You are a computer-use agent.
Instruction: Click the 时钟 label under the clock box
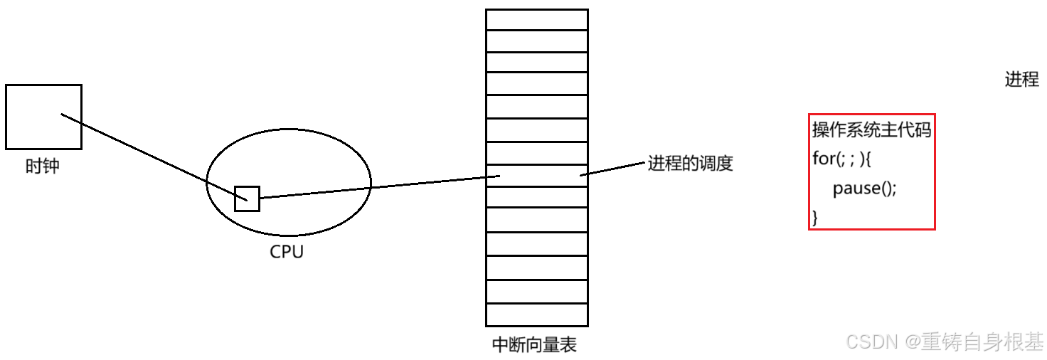click(43, 166)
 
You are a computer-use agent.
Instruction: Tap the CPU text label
click(287, 252)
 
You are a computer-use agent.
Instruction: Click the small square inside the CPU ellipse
click(247, 198)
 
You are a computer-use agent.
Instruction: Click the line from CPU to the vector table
click(377, 186)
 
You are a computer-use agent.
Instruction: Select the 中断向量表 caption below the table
click(534, 345)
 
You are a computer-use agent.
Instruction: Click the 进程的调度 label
click(689, 164)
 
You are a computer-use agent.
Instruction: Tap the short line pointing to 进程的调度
click(612, 168)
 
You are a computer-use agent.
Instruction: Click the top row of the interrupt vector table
click(536, 19)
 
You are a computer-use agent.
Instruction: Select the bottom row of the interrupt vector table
click(536, 314)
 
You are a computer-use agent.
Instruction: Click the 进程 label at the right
click(1021, 80)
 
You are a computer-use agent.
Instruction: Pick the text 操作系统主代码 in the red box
click(871, 129)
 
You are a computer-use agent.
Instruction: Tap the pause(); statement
click(865, 189)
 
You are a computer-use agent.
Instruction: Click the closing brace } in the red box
click(816, 218)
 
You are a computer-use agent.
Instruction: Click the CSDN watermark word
click(869, 342)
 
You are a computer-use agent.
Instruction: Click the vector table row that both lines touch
click(536, 176)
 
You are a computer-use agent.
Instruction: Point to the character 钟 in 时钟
click(51, 166)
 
